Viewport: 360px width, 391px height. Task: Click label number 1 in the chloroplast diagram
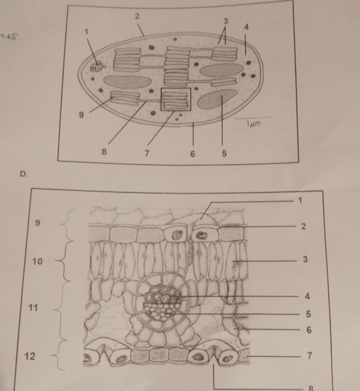point(87,32)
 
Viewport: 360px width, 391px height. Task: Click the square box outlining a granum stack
point(175,99)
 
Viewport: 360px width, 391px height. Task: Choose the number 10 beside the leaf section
point(37,262)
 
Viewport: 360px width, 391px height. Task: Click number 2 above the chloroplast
point(138,16)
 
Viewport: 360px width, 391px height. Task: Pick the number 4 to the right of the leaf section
point(307,296)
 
